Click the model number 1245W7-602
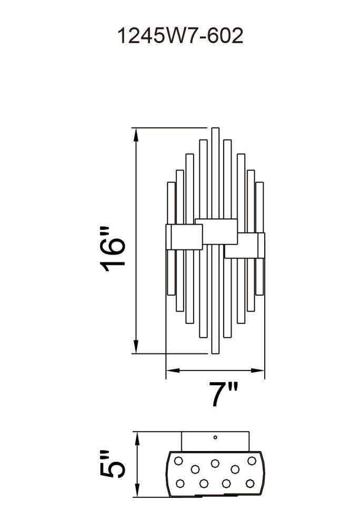pos(180,36)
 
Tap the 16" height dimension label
pos(113,249)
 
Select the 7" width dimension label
pos(223,394)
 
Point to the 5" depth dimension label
pos(113,464)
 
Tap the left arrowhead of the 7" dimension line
pos(173,370)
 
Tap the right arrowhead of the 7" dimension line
pos(257,370)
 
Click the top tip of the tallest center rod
pos(215,128)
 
